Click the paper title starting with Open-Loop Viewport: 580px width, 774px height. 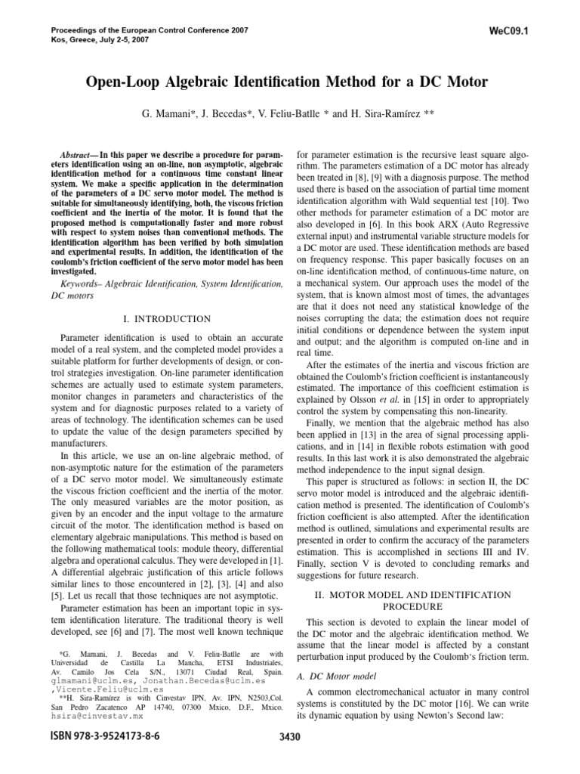click(289, 82)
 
